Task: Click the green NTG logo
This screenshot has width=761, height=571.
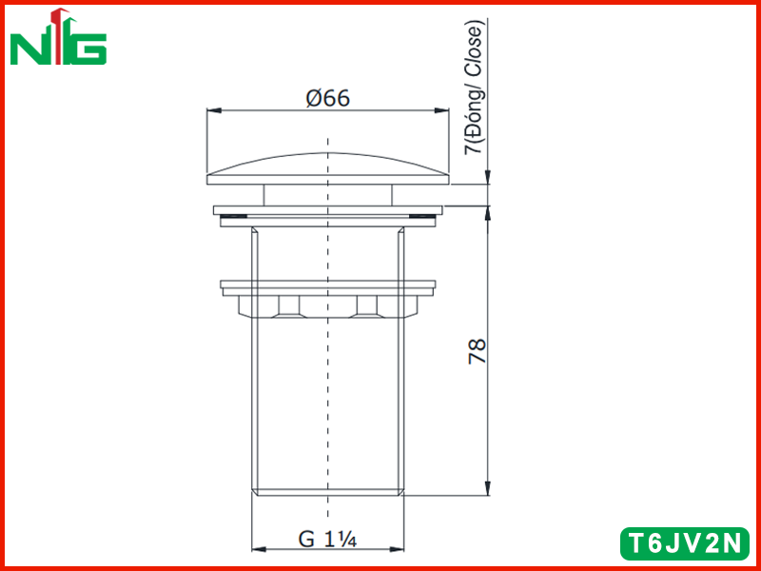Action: coord(58,37)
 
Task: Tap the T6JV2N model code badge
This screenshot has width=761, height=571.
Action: coord(685,543)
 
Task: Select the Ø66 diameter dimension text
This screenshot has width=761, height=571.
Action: coord(328,99)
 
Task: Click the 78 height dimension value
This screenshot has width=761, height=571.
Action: coord(478,351)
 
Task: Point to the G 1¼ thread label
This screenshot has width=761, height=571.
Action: coord(327,539)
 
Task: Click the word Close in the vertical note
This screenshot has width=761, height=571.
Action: coord(473,49)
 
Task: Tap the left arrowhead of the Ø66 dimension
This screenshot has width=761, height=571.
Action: coord(214,110)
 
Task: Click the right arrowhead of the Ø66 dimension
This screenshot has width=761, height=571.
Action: coord(441,110)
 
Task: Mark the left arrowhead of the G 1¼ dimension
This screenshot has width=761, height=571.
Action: coord(259,550)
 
